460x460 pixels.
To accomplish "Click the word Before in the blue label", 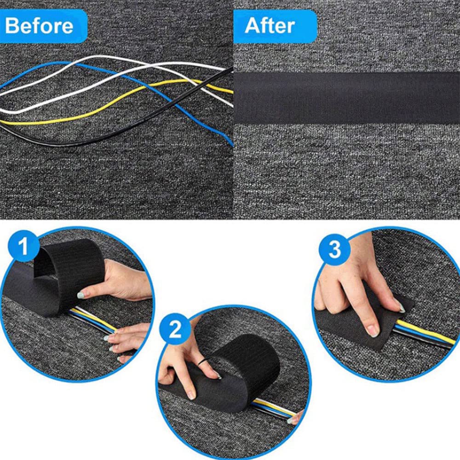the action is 39,26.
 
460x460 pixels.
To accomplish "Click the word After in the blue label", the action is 270,26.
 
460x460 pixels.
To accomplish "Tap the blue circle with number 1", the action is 23,246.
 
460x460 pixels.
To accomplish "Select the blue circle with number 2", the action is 175,329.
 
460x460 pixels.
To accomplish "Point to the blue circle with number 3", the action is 335,250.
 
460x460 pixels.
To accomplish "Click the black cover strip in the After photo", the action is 347,98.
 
